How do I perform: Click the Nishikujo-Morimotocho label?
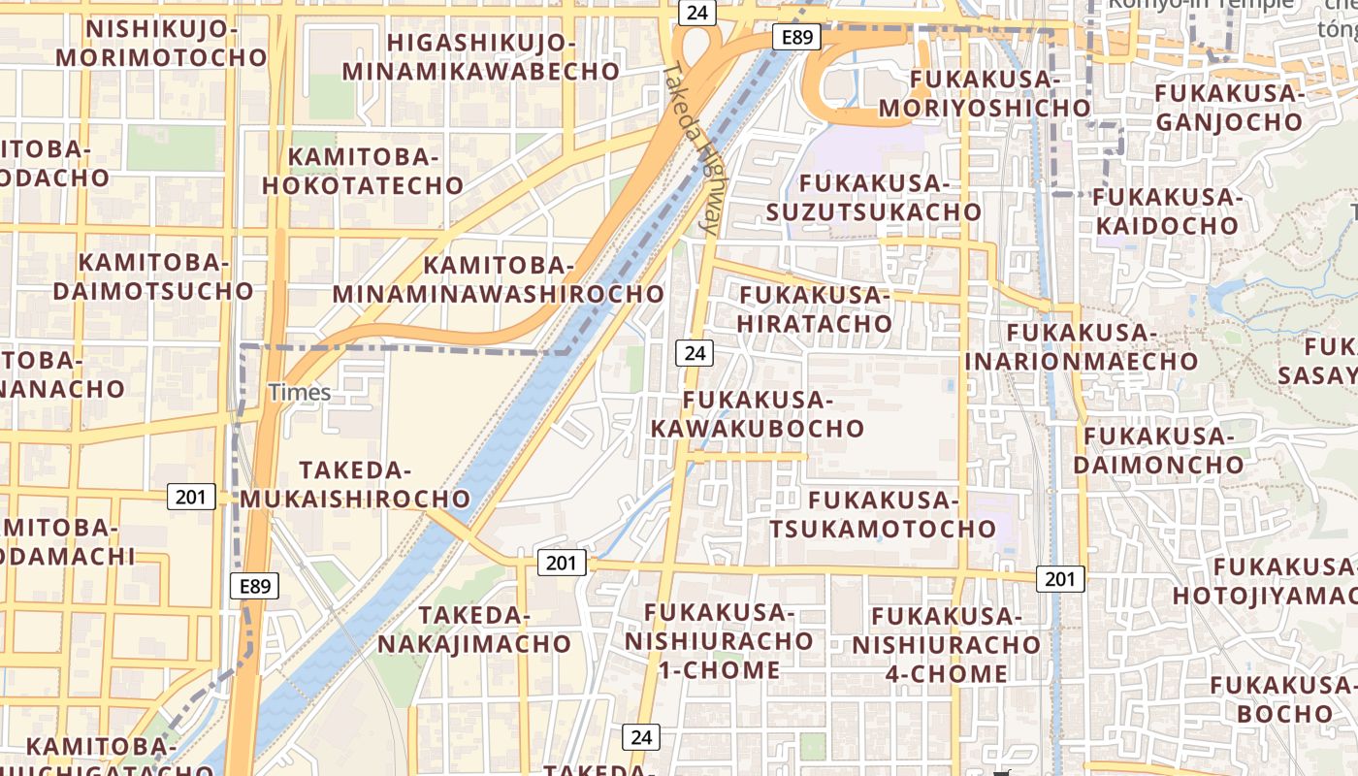161,43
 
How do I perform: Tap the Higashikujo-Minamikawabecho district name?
480,56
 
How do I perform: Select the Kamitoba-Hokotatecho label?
363,171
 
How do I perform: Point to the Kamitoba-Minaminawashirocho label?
499,279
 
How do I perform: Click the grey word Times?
300,393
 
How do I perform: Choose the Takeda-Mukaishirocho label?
355,484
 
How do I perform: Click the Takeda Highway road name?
693,150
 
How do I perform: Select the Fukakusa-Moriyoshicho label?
985,92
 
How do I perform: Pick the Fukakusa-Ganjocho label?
1228,107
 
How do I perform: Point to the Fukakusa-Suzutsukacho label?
873,197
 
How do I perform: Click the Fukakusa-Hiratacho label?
815,308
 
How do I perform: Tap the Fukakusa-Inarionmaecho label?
1082,347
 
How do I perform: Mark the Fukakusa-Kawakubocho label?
758,414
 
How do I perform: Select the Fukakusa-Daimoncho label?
1158,450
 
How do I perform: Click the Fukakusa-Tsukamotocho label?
883,514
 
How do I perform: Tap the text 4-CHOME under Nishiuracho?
946,673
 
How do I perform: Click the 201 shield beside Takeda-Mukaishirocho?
191,497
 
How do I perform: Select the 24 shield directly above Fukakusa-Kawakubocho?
695,353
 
